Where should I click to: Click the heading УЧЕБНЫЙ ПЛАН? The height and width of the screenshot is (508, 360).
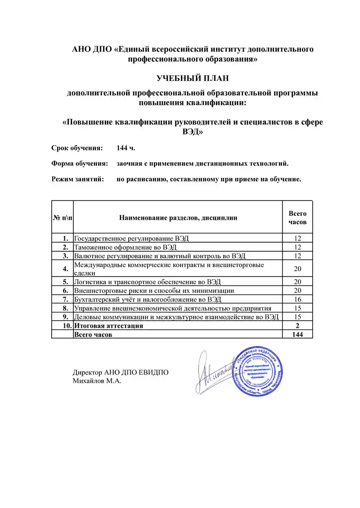pos(193,78)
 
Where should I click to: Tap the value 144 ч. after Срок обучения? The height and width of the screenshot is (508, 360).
pos(126,148)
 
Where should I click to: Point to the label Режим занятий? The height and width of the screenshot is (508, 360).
pos(78,179)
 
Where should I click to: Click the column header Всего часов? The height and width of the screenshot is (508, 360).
pos(297,218)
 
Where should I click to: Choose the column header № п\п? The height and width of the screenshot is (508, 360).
pos(63,218)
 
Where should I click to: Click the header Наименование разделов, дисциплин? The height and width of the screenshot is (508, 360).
pos(178,218)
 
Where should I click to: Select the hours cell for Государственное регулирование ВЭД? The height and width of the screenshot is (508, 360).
pos(297,238)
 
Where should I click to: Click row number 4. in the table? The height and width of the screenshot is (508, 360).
pos(66,269)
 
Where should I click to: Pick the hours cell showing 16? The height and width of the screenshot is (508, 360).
pos(297,299)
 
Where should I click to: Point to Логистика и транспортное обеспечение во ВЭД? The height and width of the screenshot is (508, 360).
pos(148,282)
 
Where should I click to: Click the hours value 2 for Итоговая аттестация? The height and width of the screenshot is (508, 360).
pos(297,326)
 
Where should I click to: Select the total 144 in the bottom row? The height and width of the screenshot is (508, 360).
pos(297,334)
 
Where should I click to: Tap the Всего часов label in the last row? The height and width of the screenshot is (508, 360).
pos(93,334)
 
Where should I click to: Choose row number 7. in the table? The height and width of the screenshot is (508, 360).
pos(66,299)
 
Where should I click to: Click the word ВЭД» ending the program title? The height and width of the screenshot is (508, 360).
pos(193,133)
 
